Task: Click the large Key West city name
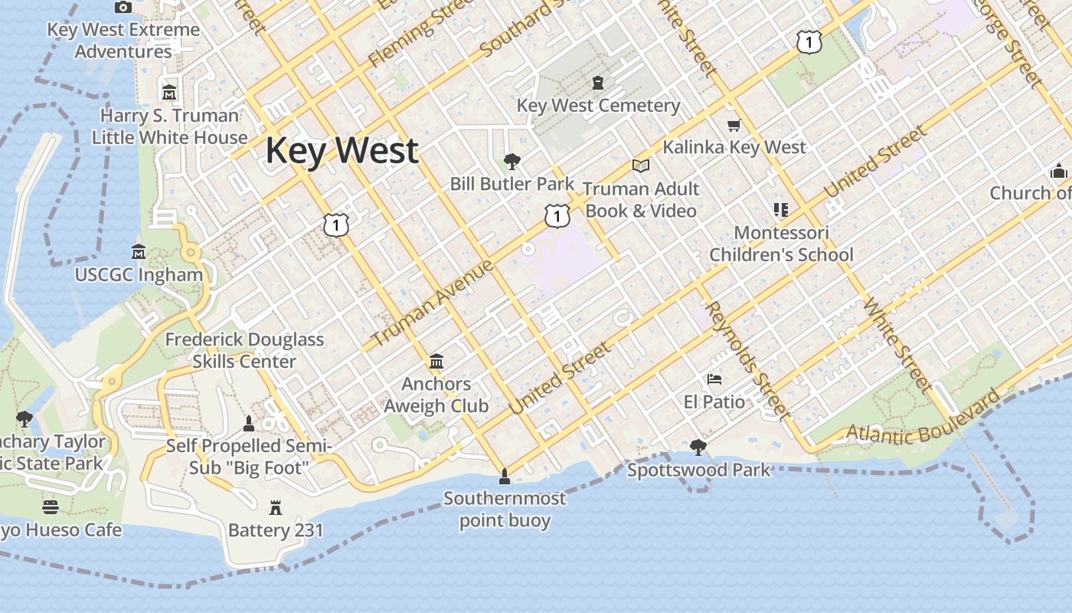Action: pos(342,150)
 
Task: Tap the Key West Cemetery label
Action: pos(598,106)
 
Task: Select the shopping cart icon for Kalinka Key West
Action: pos(734,125)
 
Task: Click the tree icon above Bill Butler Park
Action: pos(511,162)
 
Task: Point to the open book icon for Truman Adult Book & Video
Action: pos(641,166)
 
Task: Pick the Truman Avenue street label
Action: pos(433,303)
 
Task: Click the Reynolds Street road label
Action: pos(747,360)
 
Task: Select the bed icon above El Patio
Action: pos(714,379)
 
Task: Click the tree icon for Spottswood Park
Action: pos(698,447)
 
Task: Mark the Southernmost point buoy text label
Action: pos(505,510)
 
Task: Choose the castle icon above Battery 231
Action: pos(276,507)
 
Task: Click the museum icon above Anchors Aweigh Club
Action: pos(436,361)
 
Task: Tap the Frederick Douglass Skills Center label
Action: pos(244,350)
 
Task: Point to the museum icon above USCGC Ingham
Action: pos(139,251)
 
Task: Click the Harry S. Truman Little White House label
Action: pos(169,126)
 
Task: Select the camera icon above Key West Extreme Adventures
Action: pos(123,8)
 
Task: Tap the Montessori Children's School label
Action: pos(781,244)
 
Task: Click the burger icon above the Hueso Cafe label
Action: pos(51,506)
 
